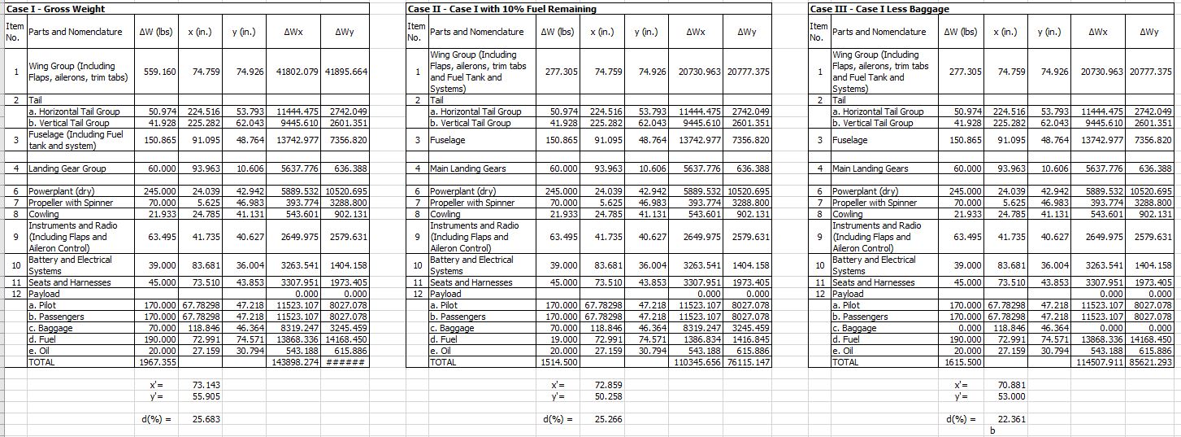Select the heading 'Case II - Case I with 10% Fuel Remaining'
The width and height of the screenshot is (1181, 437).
502,9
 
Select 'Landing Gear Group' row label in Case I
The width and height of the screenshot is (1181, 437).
67,168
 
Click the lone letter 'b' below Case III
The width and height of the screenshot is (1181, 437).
992,430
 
